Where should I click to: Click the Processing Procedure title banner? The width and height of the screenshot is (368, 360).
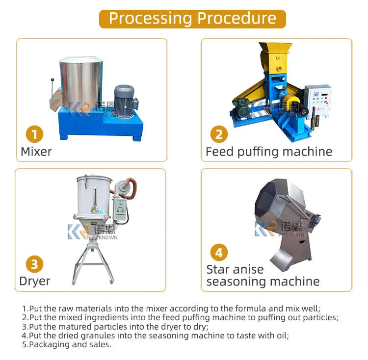(192, 19)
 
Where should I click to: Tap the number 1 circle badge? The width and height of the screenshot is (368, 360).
(34, 134)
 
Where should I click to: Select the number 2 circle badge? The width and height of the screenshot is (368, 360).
(219, 134)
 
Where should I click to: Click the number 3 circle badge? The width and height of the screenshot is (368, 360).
(34, 264)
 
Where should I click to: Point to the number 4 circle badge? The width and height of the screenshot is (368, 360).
(219, 253)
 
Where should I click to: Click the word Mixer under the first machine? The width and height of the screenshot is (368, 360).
(36, 152)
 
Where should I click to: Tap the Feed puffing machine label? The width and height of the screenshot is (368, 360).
(269, 152)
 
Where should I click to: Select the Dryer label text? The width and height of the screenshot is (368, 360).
(35, 282)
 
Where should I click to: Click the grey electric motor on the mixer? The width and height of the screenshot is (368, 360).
(125, 101)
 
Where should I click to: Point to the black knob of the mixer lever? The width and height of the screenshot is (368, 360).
(53, 80)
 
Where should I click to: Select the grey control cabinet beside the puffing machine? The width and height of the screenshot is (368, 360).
(318, 102)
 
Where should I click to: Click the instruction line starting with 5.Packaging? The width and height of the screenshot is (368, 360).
(67, 344)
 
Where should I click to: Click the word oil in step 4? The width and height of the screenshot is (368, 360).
(283, 335)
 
